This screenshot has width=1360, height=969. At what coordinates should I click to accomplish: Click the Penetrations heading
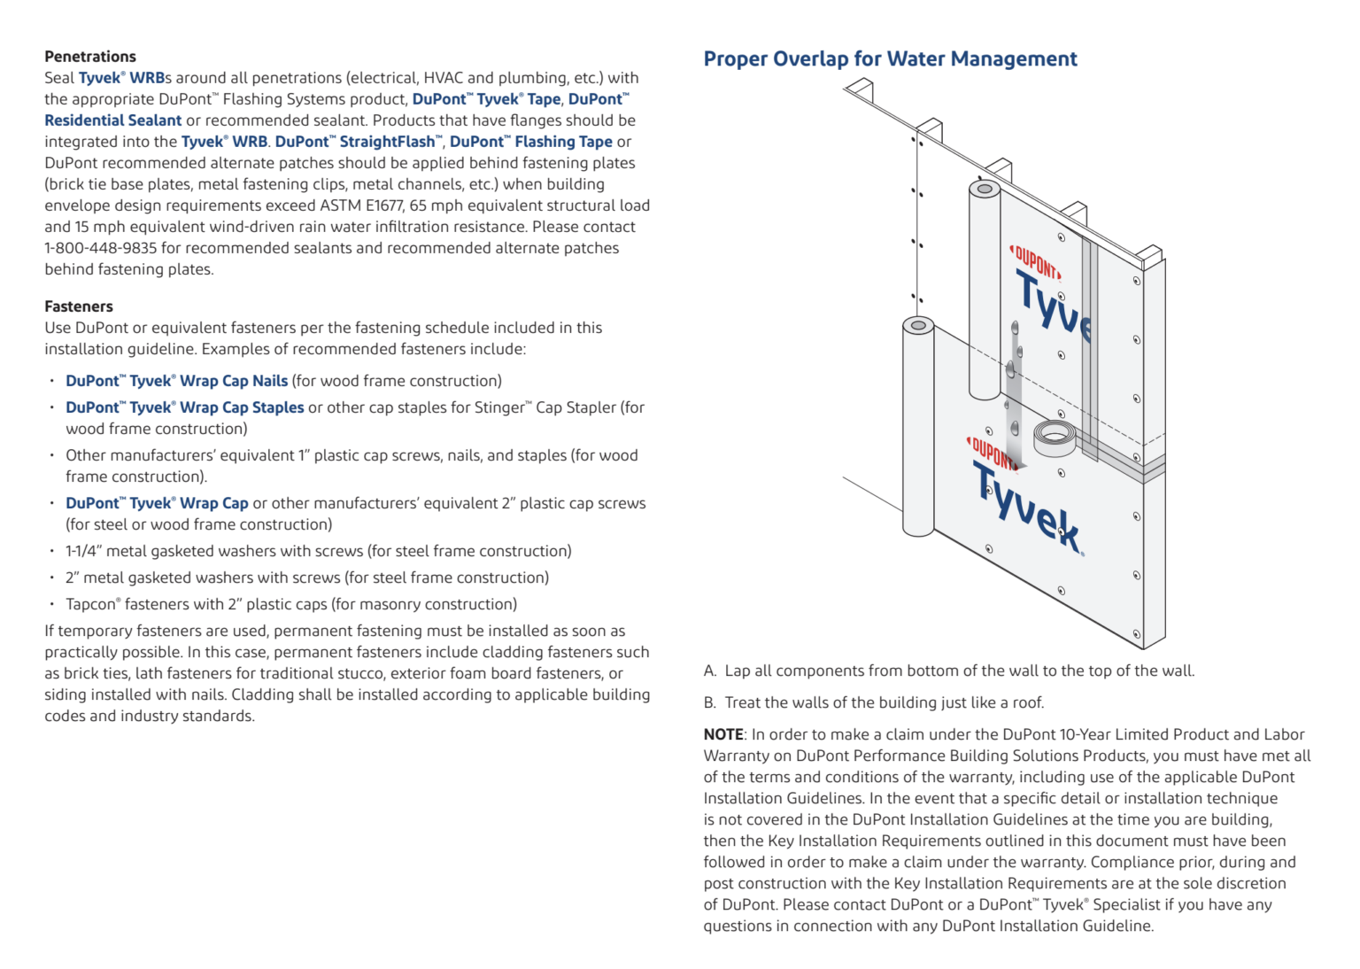click(x=90, y=57)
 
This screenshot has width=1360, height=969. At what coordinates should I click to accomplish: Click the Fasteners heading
click(x=79, y=306)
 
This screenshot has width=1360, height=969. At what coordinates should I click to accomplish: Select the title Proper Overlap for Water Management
click(x=890, y=59)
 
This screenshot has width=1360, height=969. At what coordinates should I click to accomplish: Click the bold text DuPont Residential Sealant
click(x=113, y=120)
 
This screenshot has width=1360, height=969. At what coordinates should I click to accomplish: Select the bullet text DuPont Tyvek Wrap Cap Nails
click(x=176, y=381)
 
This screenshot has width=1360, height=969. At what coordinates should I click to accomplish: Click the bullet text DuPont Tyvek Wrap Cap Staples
click(x=184, y=407)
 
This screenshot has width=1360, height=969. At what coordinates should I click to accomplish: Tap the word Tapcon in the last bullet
click(x=91, y=604)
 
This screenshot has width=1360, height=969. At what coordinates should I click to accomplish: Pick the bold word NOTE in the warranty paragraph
click(x=723, y=734)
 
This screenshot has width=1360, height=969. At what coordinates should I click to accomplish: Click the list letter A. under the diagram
click(x=710, y=671)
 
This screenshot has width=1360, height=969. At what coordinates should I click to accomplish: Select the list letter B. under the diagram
click(x=710, y=702)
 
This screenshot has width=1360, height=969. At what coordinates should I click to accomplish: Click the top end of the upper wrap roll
click(x=985, y=189)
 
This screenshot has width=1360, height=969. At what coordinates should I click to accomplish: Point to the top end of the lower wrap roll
click(x=918, y=326)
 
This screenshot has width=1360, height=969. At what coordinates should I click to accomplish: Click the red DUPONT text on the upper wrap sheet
click(x=1035, y=262)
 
